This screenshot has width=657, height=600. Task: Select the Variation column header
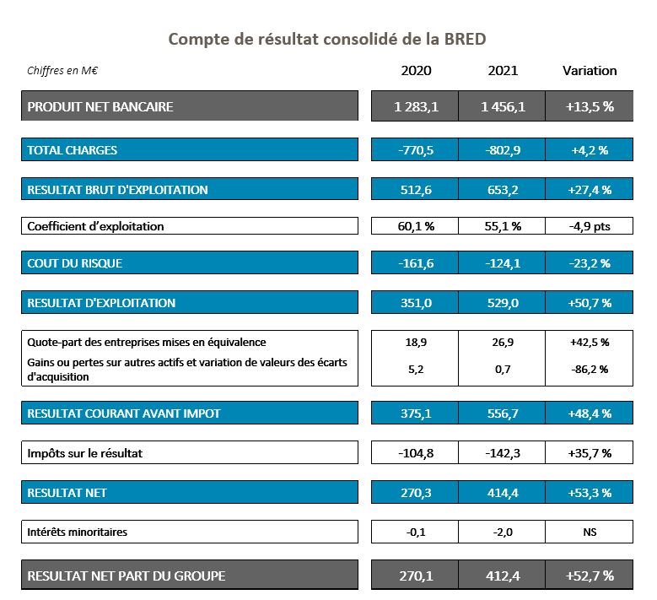point(590,71)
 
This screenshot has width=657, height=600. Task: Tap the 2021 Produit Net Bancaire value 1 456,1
point(503,106)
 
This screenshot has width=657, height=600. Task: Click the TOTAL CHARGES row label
point(73,150)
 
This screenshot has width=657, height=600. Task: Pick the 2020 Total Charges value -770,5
point(415,150)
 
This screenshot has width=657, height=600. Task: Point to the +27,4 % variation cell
point(590,189)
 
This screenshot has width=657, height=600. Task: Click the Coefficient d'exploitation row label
point(96,226)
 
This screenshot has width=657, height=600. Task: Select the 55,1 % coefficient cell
point(503,226)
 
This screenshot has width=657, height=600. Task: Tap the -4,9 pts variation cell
point(590,226)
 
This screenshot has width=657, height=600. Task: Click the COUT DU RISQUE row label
point(75,263)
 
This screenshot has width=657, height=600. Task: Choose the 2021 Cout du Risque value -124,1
point(503,263)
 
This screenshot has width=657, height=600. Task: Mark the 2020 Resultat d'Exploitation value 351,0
point(415,303)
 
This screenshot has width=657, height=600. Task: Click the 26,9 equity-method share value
point(503,343)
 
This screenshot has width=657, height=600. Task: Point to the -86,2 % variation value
point(590,370)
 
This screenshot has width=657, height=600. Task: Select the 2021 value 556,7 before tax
point(503,414)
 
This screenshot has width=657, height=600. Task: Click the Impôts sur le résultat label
point(85,453)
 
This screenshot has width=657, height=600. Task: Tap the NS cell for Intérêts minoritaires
point(590,532)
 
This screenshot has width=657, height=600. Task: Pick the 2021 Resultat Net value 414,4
point(503,492)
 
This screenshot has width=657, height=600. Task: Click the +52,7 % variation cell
point(590,576)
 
